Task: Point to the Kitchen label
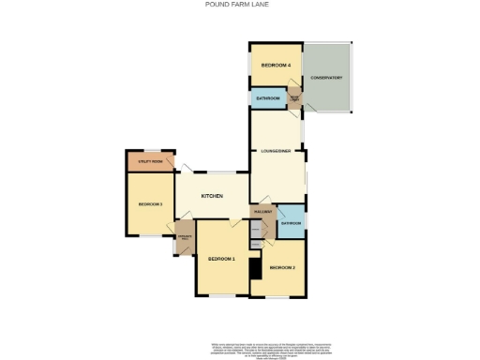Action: (212, 195)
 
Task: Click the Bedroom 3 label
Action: (150, 204)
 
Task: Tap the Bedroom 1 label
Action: (221, 258)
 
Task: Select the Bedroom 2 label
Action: (282, 268)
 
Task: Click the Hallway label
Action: (262, 212)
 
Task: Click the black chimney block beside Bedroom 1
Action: (254, 268)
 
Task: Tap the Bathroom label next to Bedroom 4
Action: (268, 98)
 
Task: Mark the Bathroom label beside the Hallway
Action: (291, 223)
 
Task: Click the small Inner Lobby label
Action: (294, 97)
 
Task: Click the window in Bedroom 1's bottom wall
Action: (222, 296)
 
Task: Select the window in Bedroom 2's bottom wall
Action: (277, 297)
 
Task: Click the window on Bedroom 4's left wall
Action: (249, 65)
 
